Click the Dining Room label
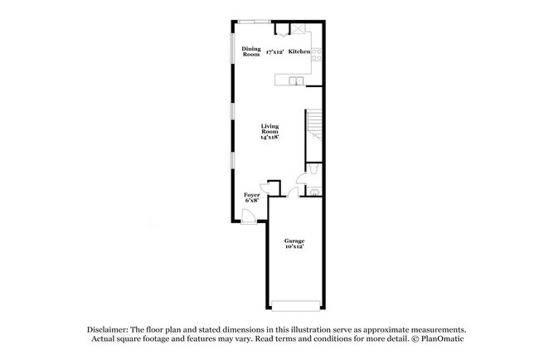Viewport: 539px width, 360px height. click(x=251, y=51)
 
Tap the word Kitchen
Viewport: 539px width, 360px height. click(x=299, y=51)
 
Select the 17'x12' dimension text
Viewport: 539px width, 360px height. click(x=275, y=52)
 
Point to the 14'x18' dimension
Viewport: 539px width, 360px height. click(x=269, y=137)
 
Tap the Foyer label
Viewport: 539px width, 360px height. click(x=251, y=195)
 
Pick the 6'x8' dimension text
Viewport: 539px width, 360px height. click(x=251, y=201)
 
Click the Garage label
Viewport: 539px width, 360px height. click(x=294, y=241)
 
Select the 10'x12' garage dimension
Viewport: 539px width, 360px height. click(x=294, y=247)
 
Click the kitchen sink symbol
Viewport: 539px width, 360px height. click(x=294, y=80)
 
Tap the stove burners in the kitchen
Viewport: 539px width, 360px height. click(x=317, y=54)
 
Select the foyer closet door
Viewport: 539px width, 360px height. click(x=265, y=187)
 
